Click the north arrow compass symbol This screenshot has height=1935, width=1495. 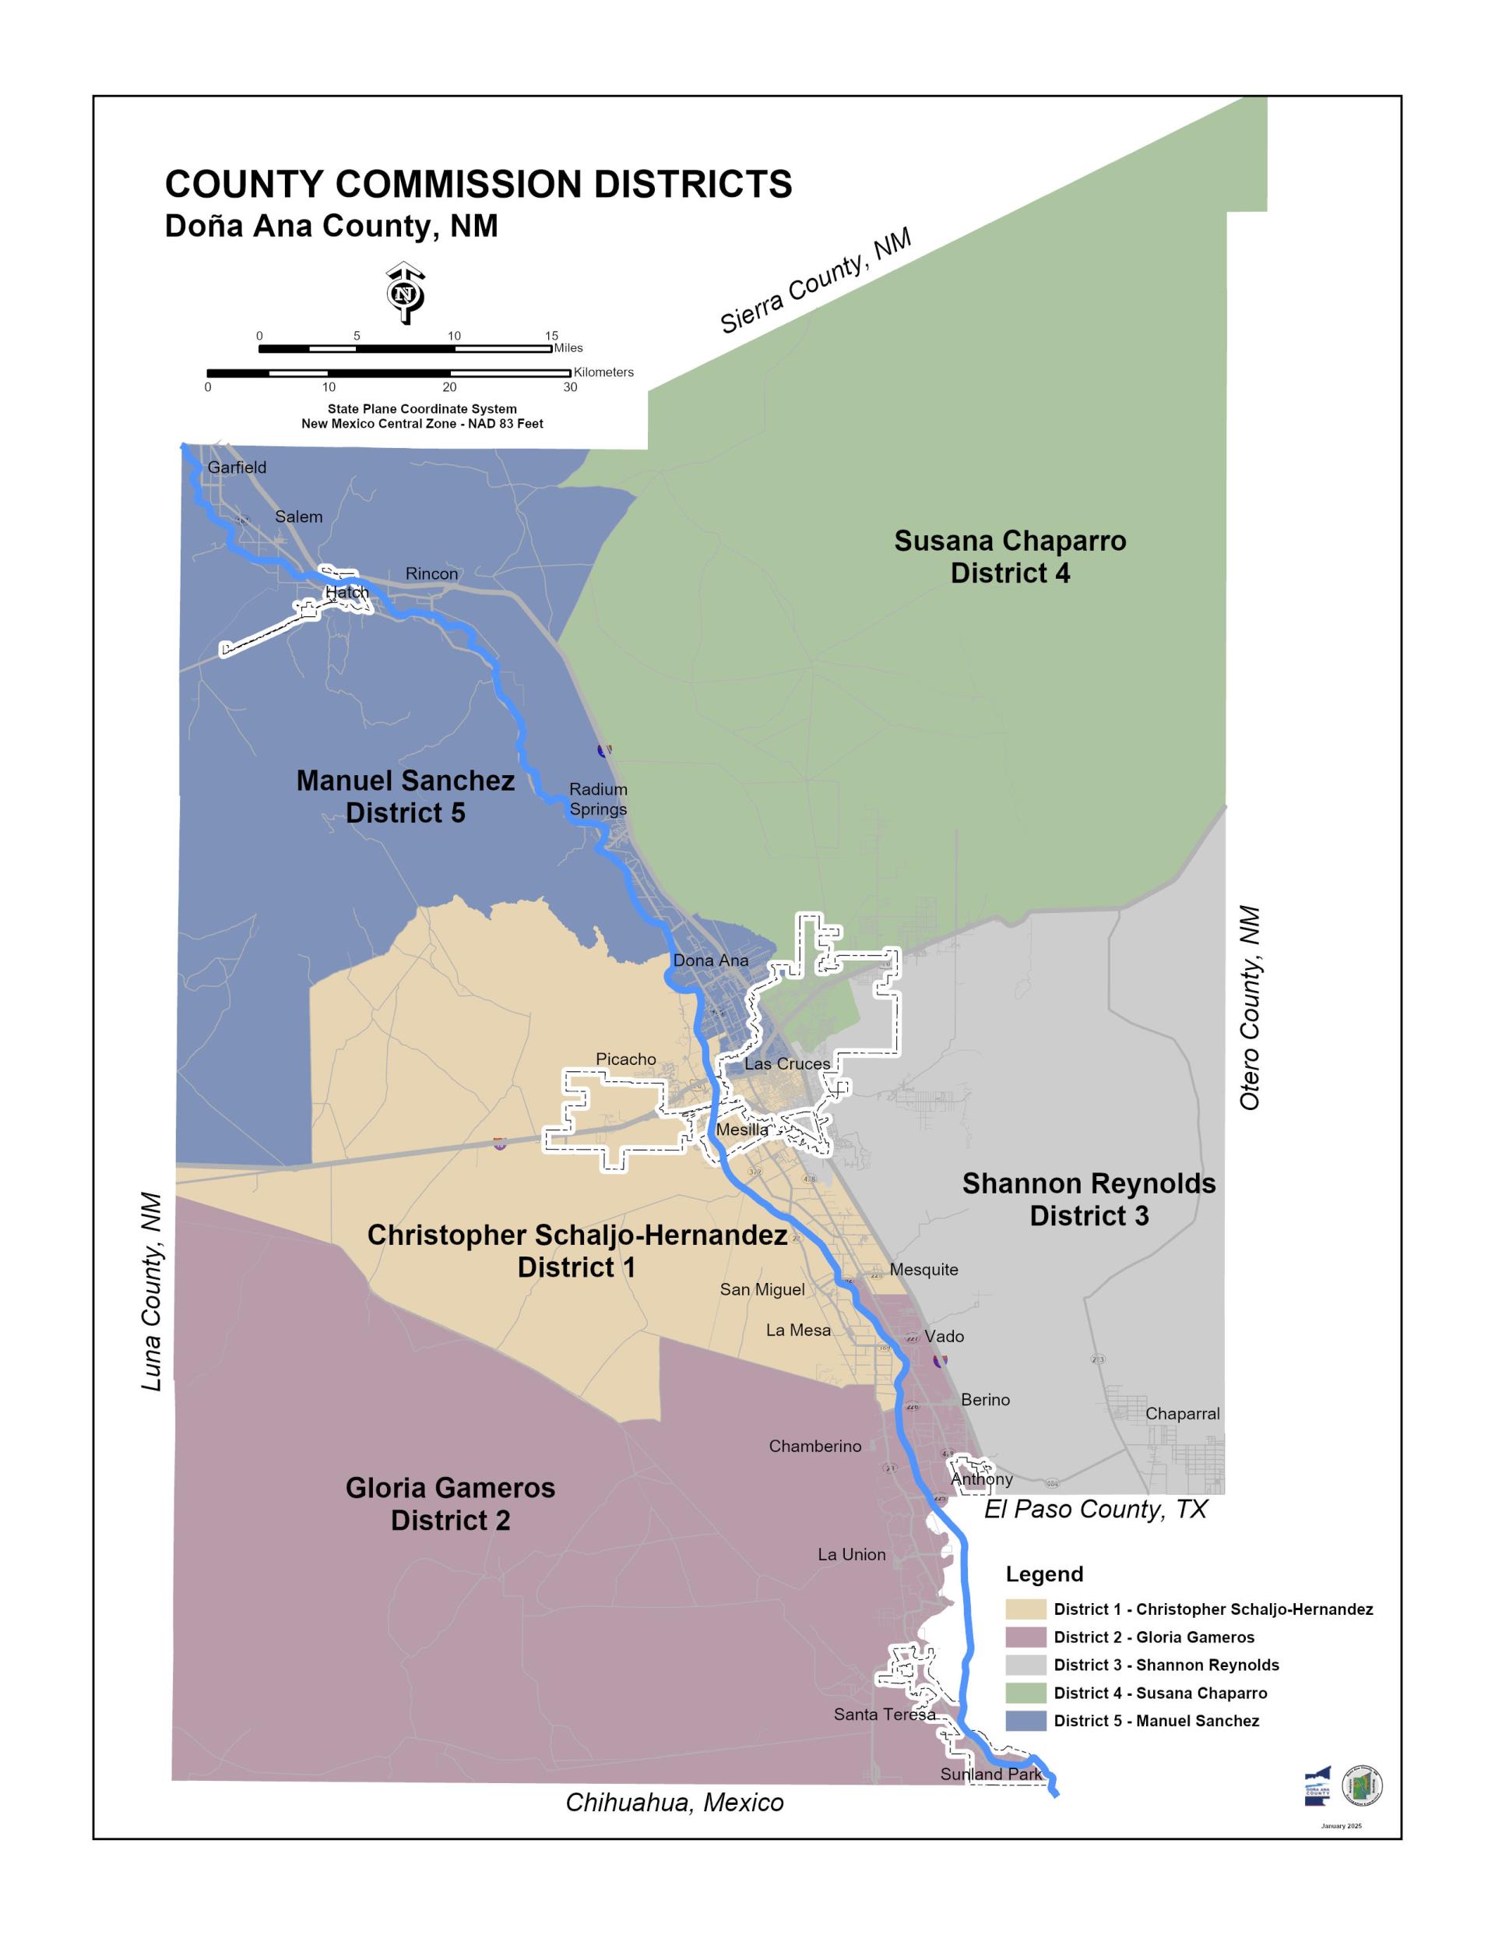[405, 292]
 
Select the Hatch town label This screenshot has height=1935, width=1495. [346, 592]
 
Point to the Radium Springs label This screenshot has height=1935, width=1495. [598, 799]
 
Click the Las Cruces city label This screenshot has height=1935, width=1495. [786, 1064]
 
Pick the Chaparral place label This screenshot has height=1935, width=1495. [1181, 1414]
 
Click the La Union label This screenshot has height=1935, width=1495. [851, 1554]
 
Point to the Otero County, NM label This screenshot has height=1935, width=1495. [1249, 1007]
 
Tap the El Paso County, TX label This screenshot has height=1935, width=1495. [1095, 1509]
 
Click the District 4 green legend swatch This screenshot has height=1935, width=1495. [1025, 1694]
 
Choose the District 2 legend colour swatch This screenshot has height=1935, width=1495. [1025, 1637]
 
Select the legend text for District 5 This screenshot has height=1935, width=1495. [1156, 1721]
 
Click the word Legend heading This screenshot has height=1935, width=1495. [1044, 1574]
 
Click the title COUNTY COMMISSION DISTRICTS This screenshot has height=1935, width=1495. [478, 185]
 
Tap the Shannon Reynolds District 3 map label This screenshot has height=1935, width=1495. [1089, 1200]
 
